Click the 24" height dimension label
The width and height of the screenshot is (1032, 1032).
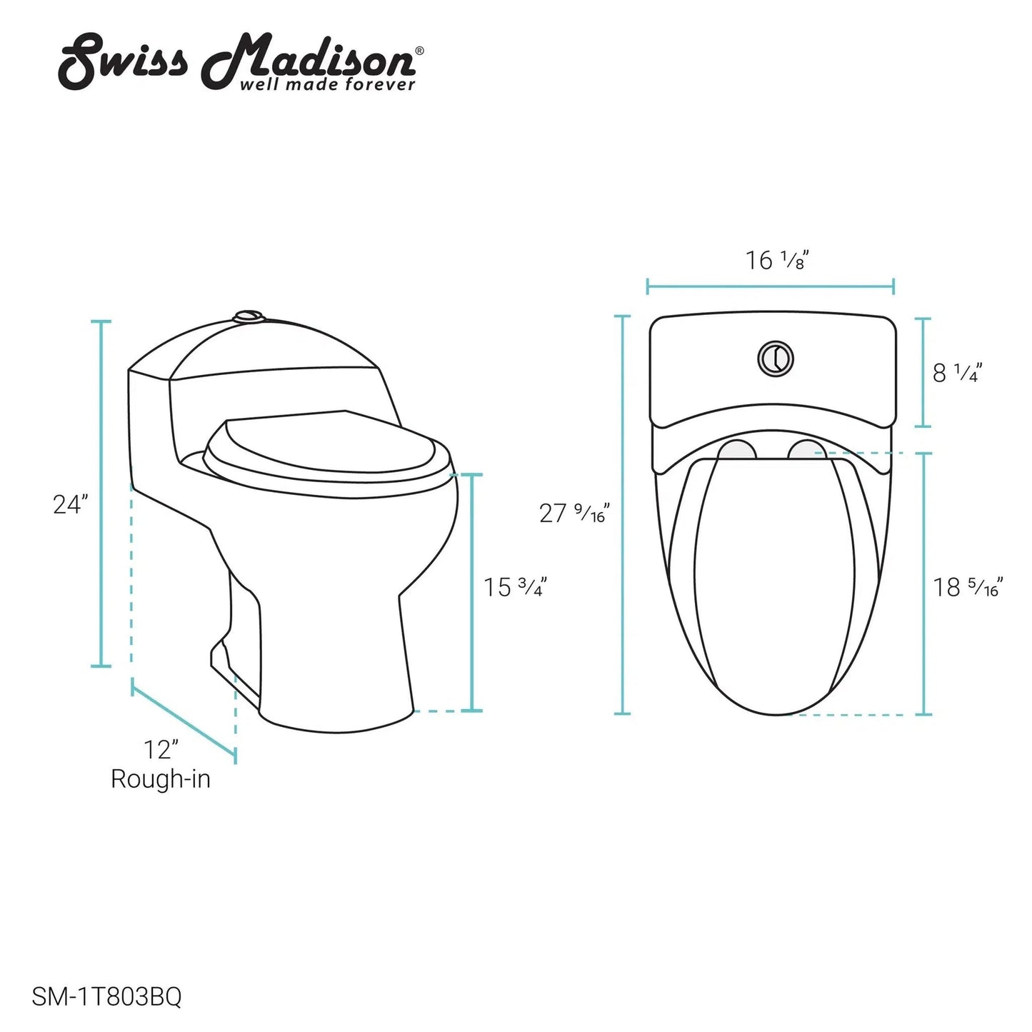(x=70, y=504)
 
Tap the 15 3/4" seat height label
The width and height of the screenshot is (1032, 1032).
(x=515, y=587)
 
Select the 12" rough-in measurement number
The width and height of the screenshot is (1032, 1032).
(x=160, y=750)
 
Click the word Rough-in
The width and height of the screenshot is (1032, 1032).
(x=161, y=779)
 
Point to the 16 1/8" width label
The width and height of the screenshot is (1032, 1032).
(x=776, y=261)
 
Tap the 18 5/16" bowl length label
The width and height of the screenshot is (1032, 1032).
(x=968, y=587)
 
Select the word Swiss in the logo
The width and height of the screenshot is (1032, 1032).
(x=124, y=63)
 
